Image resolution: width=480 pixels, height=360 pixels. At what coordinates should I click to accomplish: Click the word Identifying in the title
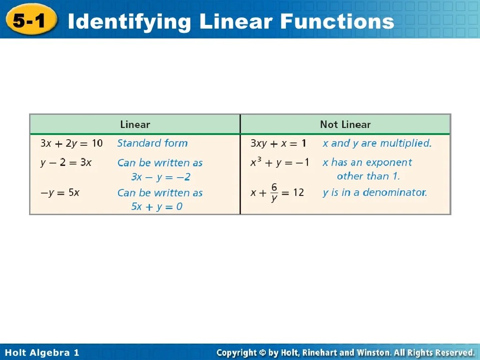pos(129,22)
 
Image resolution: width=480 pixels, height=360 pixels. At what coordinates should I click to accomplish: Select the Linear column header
pos(135,125)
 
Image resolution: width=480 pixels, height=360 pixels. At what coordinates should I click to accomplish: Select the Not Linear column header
pos(345,125)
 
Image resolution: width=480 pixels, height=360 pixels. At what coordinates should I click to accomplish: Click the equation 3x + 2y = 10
pos(71,143)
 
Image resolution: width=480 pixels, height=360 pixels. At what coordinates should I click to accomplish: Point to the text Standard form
pos(152,143)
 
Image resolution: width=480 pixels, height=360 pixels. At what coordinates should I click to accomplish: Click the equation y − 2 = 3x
pos(66,163)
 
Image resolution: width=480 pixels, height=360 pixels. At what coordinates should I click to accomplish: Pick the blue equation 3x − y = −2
pos(161,177)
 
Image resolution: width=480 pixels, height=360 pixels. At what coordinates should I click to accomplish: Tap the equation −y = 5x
pos(60,192)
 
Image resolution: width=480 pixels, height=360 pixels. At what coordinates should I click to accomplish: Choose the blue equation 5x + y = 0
pos(157,207)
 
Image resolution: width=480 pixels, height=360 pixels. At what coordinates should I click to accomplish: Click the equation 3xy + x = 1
pos(278,143)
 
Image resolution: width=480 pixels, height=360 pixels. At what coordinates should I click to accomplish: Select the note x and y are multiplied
pos(377,143)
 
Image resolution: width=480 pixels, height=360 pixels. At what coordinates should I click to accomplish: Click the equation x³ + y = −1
pos(279,163)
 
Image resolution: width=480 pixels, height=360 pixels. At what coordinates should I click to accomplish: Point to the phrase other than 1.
pos(368,177)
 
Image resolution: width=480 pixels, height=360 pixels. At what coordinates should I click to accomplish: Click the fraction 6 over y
pos(274,192)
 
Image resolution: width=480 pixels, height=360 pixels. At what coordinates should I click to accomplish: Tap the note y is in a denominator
pos(375,192)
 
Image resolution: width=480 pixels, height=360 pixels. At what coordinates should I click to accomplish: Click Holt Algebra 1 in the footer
pos(42,352)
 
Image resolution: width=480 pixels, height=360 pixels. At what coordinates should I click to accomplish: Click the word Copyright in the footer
pos(236,352)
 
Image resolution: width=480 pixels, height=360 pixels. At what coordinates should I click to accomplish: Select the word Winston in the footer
pos(372,352)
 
